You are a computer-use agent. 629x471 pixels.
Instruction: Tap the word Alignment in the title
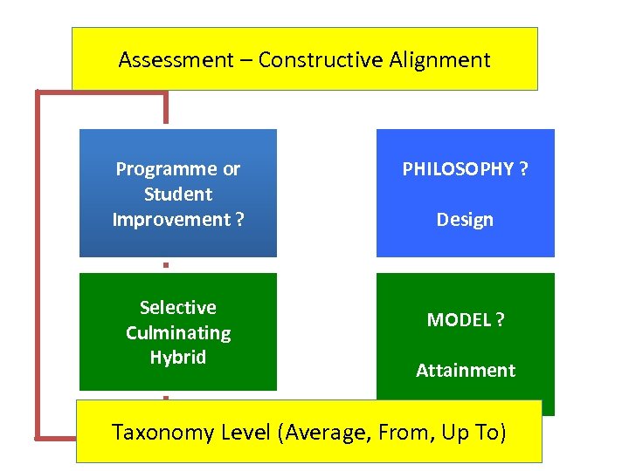click(440, 60)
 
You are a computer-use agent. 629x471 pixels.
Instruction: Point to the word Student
click(178, 194)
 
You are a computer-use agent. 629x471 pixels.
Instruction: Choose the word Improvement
click(171, 219)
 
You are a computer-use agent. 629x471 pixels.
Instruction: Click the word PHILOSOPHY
click(458, 168)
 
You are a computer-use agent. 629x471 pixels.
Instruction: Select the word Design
click(465, 220)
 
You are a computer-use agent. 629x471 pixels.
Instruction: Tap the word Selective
click(178, 307)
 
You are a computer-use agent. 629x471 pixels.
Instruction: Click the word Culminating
click(178, 332)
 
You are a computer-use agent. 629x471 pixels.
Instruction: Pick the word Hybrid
click(178, 358)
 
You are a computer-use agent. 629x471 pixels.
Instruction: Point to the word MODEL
click(459, 320)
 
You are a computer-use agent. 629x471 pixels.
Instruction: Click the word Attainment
click(466, 371)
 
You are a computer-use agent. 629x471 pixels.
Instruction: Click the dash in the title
click(246, 60)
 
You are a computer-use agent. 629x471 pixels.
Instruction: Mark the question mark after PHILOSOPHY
click(523, 168)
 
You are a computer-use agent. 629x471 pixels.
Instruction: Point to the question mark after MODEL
click(500, 320)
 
